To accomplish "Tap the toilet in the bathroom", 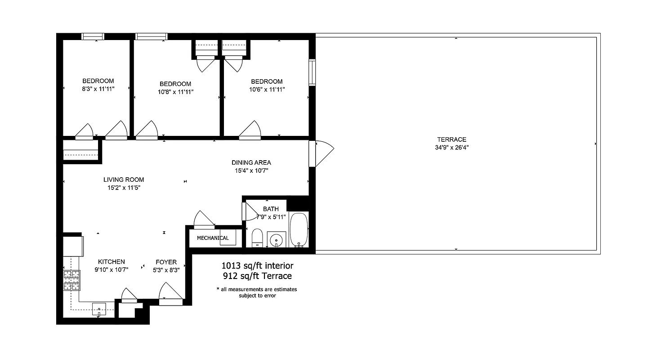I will pyautogui.click(x=257, y=238).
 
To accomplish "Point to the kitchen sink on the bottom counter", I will pyautogui.click(x=99, y=309).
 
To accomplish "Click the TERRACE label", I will pyautogui.click(x=451, y=139).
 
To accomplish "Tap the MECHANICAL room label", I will pyautogui.click(x=213, y=238).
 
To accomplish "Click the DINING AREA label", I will pyautogui.click(x=251, y=162).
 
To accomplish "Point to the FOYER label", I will pyautogui.click(x=166, y=262).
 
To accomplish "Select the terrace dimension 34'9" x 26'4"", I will pyautogui.click(x=451, y=148).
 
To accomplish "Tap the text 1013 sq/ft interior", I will pyautogui.click(x=257, y=265).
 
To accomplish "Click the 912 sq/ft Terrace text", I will pyautogui.click(x=257, y=276).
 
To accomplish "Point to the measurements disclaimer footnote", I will pyautogui.click(x=256, y=292).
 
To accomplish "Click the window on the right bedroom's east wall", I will pyautogui.click(x=312, y=72).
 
